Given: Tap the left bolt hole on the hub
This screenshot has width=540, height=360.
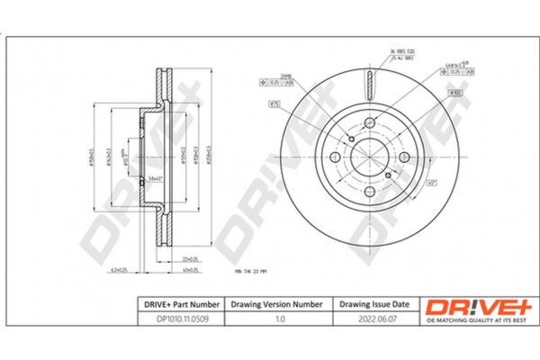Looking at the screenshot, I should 336,157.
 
